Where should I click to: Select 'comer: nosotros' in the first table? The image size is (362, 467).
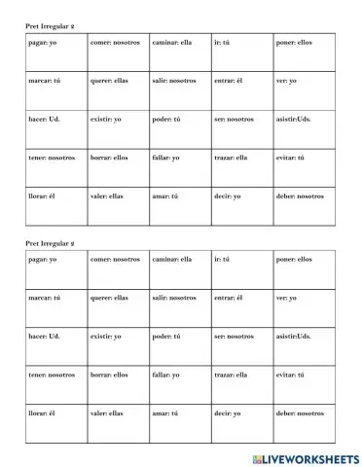tap(114, 43)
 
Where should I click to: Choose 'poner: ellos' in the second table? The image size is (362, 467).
tap(294, 259)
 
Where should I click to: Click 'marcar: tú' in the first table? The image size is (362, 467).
tap(45, 81)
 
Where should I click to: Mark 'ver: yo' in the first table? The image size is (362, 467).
tap(285, 81)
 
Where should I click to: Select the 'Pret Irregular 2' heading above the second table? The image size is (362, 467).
tap(51, 241)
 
